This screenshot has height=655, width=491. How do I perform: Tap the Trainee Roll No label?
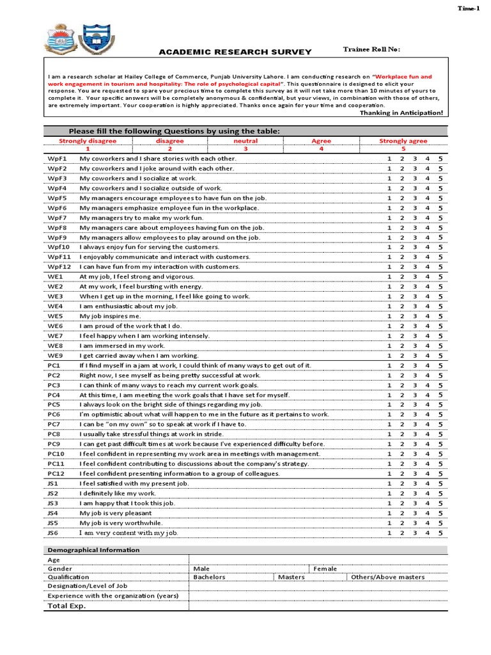pyautogui.click(x=372, y=49)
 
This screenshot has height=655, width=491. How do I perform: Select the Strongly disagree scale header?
pyautogui.click(x=88, y=141)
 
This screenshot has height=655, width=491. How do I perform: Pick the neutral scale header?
pyautogui.click(x=245, y=141)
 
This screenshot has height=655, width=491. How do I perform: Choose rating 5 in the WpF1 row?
pyautogui.click(x=440, y=159)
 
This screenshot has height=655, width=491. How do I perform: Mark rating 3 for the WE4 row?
pyautogui.click(x=414, y=306)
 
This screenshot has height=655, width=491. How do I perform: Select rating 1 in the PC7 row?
pyautogui.click(x=389, y=424)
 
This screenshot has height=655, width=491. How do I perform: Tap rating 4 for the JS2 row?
pyautogui.click(x=427, y=493)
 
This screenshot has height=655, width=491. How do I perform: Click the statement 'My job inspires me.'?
pyautogui.click(x=110, y=316)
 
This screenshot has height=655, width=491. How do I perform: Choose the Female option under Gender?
pyautogui.click(x=325, y=569)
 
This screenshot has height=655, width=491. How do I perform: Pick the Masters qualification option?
pyautogui.click(x=291, y=577)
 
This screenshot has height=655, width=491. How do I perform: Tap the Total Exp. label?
pyautogui.click(x=66, y=606)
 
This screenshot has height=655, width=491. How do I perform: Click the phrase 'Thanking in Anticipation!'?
pyautogui.click(x=401, y=113)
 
